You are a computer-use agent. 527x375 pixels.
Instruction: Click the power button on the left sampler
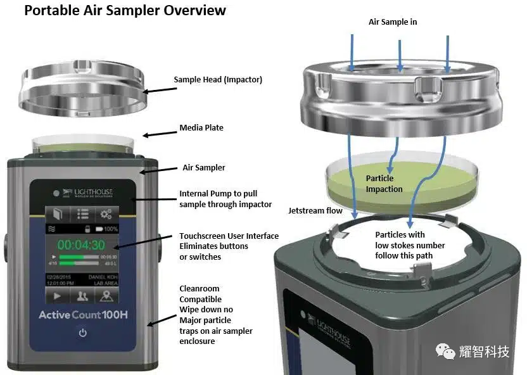click(x=82, y=333)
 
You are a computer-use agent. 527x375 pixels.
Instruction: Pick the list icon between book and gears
click(x=82, y=213)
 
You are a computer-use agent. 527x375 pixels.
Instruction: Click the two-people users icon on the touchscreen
click(x=82, y=296)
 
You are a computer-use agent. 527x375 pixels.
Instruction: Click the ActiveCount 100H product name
click(x=83, y=315)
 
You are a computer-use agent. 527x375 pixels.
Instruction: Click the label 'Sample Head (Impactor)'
click(x=218, y=80)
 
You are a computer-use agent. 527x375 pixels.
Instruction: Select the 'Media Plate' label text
click(x=201, y=127)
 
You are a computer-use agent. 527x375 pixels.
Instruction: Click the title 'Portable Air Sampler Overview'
click(x=125, y=11)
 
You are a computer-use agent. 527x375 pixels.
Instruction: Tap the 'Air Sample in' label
click(x=393, y=22)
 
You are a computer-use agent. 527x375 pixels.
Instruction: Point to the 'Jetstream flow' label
click(x=315, y=210)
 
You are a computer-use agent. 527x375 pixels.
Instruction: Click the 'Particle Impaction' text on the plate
click(x=384, y=184)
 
